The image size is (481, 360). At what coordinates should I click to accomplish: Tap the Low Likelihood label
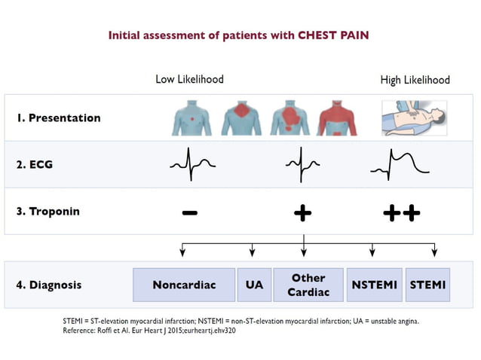(189, 79)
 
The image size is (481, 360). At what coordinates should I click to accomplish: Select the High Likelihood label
(415, 80)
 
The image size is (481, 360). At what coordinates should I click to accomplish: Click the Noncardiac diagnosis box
(184, 285)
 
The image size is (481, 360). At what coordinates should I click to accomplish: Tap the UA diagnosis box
(254, 285)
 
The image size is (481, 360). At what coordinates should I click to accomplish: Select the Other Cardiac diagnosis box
(308, 285)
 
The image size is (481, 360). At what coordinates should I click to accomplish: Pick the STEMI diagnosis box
(427, 285)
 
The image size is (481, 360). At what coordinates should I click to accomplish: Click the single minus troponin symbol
(190, 213)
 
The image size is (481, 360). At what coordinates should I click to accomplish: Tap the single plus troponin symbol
(302, 213)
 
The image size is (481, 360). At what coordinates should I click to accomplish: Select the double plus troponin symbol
(401, 213)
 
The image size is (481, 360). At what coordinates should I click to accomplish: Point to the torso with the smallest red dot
(193, 118)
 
